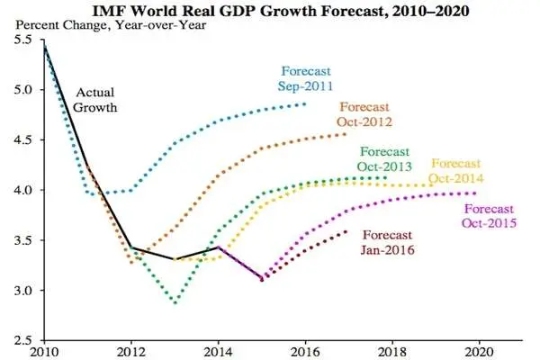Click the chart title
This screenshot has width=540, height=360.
pyautogui.click(x=281, y=10)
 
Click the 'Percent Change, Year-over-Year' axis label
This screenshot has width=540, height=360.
pyautogui.click(x=111, y=25)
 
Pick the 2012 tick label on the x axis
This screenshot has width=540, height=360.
pyautogui.click(x=130, y=352)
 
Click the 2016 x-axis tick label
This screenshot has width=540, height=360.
pyautogui.click(x=305, y=352)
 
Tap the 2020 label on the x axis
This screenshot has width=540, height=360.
pyautogui.click(x=479, y=352)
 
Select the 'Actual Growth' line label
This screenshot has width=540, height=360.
pyautogui.click(x=95, y=100)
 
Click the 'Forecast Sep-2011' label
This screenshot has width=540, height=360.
pyautogui.click(x=305, y=78)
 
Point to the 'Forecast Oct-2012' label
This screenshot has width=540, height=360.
pyautogui.click(x=364, y=114)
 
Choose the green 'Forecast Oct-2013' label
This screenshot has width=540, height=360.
pyautogui.click(x=384, y=159)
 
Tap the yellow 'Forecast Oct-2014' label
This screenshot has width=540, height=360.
pyautogui.click(x=456, y=171)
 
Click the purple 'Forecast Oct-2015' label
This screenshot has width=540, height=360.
pyautogui.click(x=489, y=216)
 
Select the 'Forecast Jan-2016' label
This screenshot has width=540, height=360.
pyautogui.click(x=387, y=242)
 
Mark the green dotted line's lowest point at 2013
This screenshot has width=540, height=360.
pyautogui.click(x=175, y=302)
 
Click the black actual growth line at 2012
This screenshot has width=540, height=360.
pyautogui.click(x=131, y=247)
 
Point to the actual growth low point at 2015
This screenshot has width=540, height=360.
pyautogui.click(x=262, y=279)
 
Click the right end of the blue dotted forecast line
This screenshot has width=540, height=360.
pyautogui.click(x=305, y=103)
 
